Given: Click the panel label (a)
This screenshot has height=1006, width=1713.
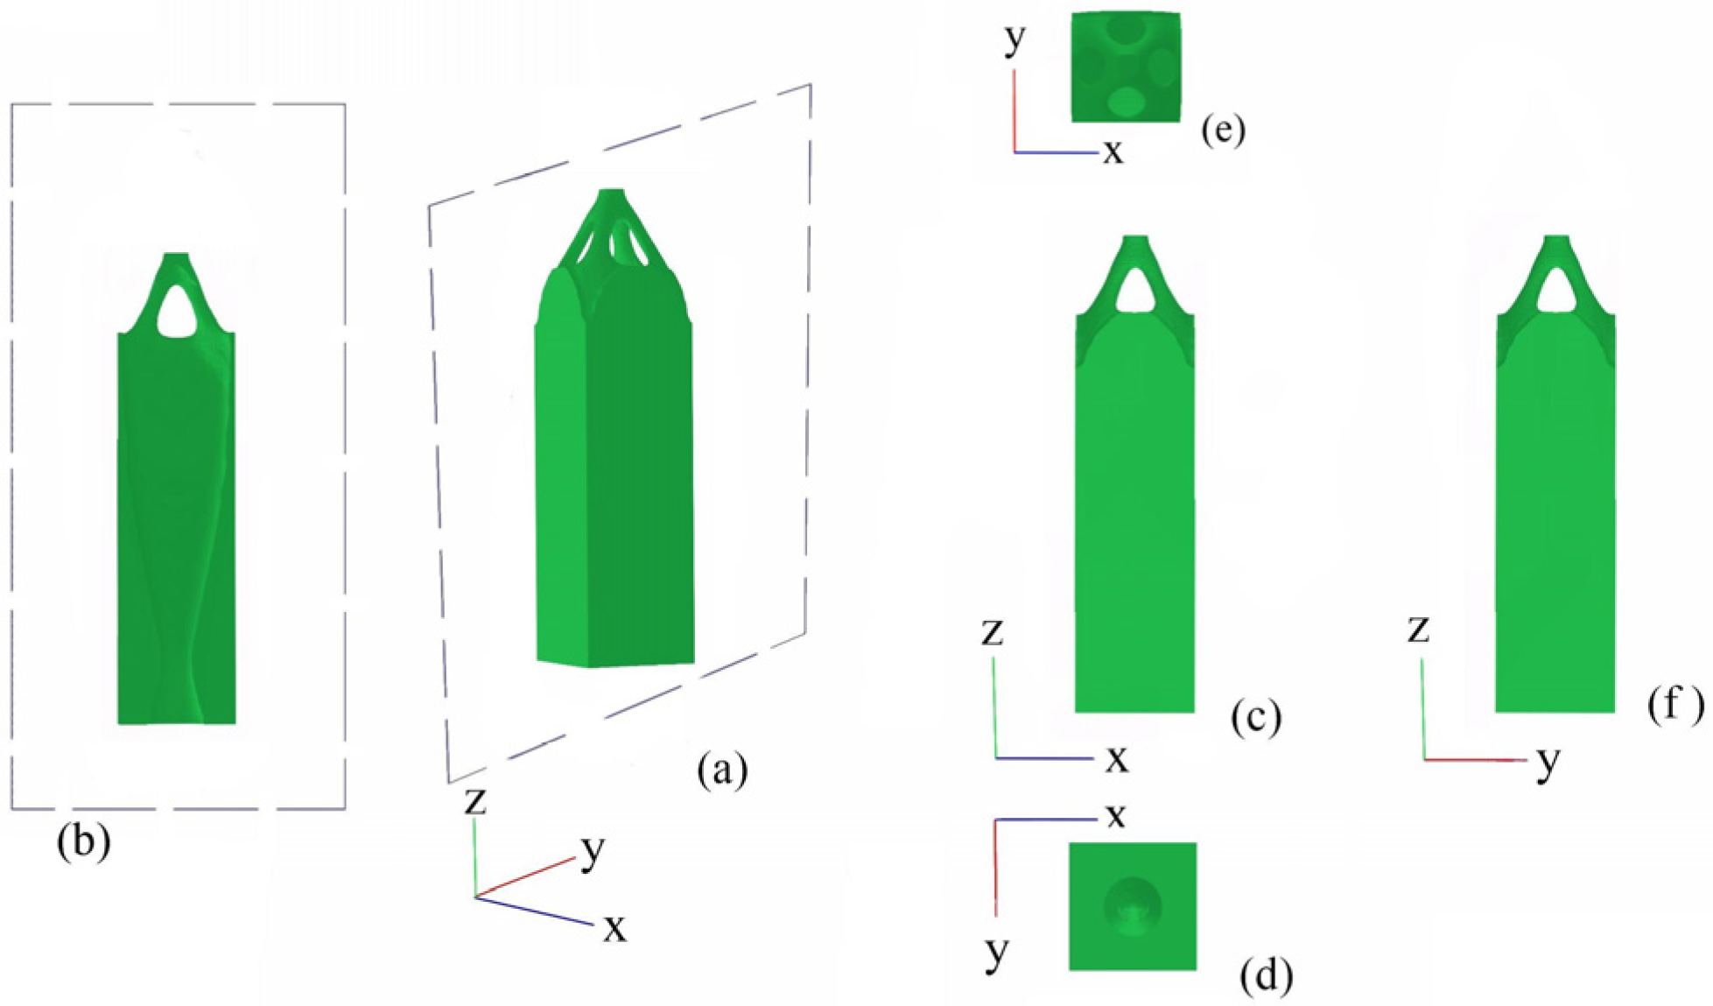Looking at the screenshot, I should tap(722, 770).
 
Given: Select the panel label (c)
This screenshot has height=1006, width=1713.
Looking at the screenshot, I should tap(1256, 717).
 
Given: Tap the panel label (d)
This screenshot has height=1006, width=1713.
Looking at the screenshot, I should tap(1266, 975).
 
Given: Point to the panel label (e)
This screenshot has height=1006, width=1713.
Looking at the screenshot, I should tap(1223, 130).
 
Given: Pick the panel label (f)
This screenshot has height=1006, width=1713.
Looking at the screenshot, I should tap(1675, 704).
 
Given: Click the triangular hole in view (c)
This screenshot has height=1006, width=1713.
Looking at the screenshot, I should tap(1134, 292).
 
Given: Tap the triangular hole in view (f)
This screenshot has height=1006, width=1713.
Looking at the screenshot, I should tap(1556, 292).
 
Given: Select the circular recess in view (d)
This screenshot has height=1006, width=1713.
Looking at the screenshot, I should tap(1133, 906).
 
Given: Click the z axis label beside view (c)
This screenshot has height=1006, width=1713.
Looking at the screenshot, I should tap(992, 632).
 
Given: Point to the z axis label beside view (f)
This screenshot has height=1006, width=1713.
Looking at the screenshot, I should tap(1418, 629).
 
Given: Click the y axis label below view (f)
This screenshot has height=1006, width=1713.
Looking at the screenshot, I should tap(1548, 763).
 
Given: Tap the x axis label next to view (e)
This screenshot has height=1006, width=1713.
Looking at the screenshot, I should tap(1113, 151).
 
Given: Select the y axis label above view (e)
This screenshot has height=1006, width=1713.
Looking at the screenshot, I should tap(1014, 39).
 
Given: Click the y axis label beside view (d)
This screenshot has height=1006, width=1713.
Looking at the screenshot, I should tap(996, 952).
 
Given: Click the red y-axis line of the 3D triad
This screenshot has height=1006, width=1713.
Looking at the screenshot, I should tap(525, 878).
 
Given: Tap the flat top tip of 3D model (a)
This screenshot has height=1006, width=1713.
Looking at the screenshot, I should tap(612, 191).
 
